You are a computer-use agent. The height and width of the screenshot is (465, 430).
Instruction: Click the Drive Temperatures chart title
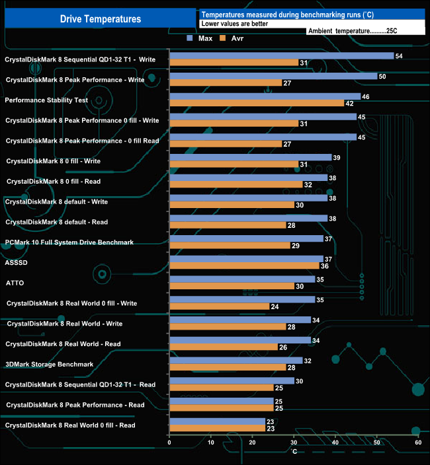[101, 19]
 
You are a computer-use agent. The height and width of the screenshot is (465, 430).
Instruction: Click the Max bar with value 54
[281, 55]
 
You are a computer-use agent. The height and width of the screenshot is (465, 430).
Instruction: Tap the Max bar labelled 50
[273, 76]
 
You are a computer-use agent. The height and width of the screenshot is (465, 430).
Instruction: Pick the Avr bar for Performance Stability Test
[257, 103]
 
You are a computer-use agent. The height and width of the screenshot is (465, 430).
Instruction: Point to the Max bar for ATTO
[242, 279]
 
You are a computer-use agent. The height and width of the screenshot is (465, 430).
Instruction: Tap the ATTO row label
[16, 283]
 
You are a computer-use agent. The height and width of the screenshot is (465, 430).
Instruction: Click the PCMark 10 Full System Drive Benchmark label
[69, 242]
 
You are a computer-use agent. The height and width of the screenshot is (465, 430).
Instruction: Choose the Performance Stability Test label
[46, 100]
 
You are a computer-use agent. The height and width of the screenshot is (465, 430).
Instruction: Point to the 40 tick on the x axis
[335, 442]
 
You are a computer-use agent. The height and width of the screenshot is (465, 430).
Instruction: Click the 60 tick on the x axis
[418, 442]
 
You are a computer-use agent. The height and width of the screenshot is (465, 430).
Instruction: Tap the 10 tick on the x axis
[211, 442]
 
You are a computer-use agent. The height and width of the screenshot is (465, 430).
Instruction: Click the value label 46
[366, 96]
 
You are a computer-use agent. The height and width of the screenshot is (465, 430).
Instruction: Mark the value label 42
[349, 104]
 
